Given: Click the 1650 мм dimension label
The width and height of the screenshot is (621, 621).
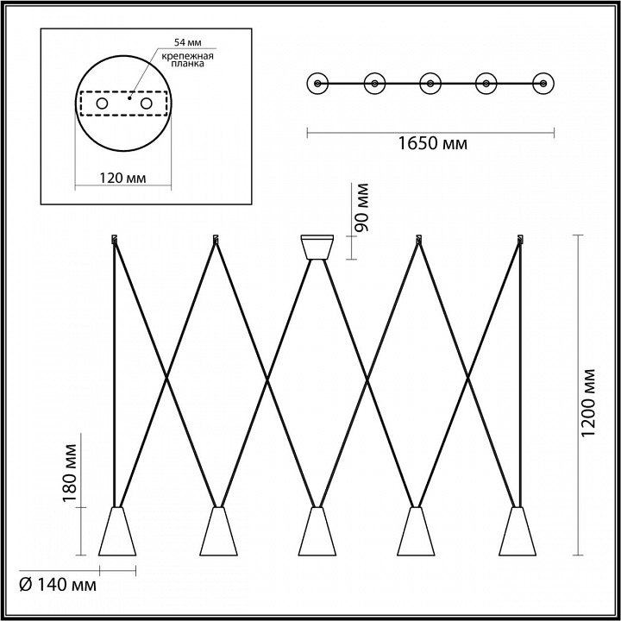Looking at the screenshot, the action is pyautogui.click(x=432, y=143).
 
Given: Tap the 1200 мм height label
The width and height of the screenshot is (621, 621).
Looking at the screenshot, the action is pyautogui.click(x=588, y=403).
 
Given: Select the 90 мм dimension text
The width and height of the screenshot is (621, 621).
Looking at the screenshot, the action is pyautogui.click(x=361, y=207).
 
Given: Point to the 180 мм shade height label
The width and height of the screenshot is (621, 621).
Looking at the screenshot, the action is pyautogui.click(x=69, y=473).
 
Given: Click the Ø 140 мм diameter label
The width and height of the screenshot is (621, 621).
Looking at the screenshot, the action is pyautogui.click(x=58, y=584).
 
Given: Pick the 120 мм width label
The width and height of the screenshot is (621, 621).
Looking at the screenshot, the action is pyautogui.click(x=122, y=178).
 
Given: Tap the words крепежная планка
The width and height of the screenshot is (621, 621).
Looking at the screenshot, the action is pyautogui.click(x=188, y=60).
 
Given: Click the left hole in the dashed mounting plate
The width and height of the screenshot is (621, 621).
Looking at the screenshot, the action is pyautogui.click(x=102, y=103).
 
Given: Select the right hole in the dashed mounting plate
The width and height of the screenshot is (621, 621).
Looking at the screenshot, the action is pyautogui.click(x=146, y=103).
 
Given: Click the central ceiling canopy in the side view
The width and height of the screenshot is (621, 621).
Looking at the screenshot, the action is pyautogui.click(x=317, y=248).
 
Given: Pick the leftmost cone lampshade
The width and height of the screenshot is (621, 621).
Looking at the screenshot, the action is pyautogui.click(x=117, y=531).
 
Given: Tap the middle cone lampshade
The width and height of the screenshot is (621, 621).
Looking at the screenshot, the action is pyautogui.click(x=317, y=531).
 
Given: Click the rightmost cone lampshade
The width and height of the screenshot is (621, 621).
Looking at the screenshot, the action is pyautogui.click(x=517, y=531).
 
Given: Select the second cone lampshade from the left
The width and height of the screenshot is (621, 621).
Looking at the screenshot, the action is pyautogui.click(x=218, y=531).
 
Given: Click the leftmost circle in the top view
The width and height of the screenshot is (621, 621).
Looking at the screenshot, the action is pyautogui.click(x=317, y=84).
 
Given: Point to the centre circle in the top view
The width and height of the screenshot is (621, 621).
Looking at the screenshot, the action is pyautogui.click(x=430, y=84).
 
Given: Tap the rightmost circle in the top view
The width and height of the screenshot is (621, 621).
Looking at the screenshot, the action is pyautogui.click(x=543, y=84).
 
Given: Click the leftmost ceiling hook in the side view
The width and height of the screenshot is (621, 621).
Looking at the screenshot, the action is pyautogui.click(x=115, y=239).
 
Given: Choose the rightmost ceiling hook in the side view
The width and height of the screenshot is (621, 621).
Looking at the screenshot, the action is pyautogui.click(x=520, y=239).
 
